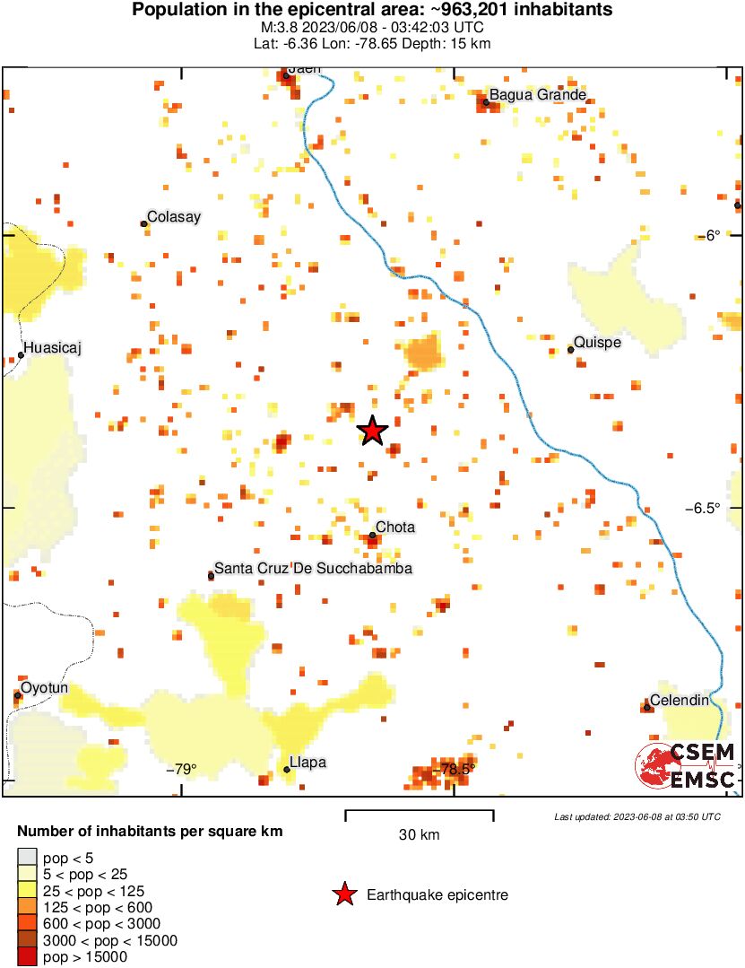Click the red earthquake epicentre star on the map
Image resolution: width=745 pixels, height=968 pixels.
(372, 431)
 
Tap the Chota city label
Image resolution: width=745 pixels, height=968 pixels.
(394, 527)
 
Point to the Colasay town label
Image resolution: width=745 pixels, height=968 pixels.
(173, 216)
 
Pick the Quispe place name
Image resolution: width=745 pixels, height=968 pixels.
(596, 342)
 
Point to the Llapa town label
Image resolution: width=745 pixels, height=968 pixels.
(308, 763)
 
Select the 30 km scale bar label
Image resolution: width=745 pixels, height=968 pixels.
(419, 835)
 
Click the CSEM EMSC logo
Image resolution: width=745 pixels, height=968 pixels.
(686, 765)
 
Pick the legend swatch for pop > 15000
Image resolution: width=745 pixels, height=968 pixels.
(28, 957)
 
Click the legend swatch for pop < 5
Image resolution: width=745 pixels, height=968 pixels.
(28, 859)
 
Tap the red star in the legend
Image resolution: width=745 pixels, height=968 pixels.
(342, 894)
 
